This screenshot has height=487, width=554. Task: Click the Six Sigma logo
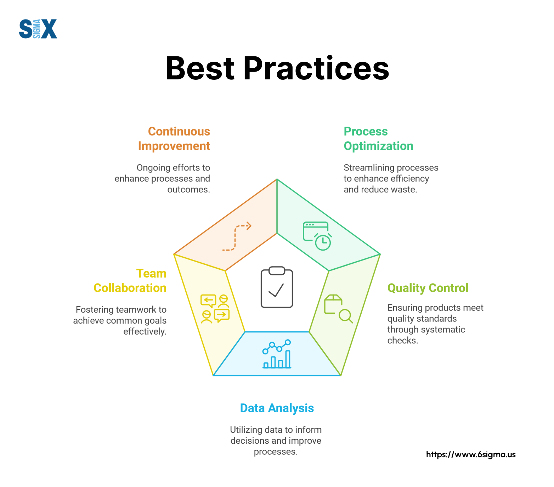pos(38,29)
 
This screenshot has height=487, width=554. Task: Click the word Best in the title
pos(200,68)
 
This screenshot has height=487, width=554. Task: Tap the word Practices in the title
pos(316,68)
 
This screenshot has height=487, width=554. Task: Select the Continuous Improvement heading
pos(174,139)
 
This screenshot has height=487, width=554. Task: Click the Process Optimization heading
pos(378,139)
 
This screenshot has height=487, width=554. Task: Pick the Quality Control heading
pos(428,288)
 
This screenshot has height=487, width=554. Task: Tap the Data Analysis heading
pos(277,408)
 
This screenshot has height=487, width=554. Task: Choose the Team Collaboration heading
pos(130,281)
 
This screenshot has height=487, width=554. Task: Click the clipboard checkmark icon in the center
pos(277,287)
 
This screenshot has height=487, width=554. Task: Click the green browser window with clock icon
pos(317,236)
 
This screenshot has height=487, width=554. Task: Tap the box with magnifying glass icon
pos(339,309)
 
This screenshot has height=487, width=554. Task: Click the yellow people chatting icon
pos(215,309)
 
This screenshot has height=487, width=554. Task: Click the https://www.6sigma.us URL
pos(471,454)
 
